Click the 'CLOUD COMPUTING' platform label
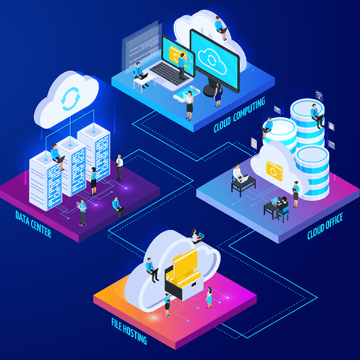pyautogui.click(x=239, y=115)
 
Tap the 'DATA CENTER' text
pyautogui.click(x=33, y=224)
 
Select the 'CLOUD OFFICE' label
pyautogui.click(x=325, y=225)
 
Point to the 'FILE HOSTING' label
pyautogui.click(x=129, y=331)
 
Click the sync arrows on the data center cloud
pyautogui.click(x=71, y=99)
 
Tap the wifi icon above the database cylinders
pyautogui.click(x=319, y=95)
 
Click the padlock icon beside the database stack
pyautogui.click(x=331, y=126)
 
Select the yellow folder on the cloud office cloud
pyautogui.click(x=274, y=171)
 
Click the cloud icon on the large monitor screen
pyautogui.click(x=212, y=60)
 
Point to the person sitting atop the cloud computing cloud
pyautogui.click(x=221, y=28)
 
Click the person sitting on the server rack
pyautogui.click(x=57, y=156)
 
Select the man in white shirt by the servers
pyautogui.click(x=119, y=167)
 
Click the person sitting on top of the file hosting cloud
pyautogui.click(x=196, y=236)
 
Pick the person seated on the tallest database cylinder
pyautogui.click(x=318, y=115)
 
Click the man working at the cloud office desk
pyautogui.click(x=238, y=172)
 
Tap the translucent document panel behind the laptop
pyautogui.click(x=141, y=47)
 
